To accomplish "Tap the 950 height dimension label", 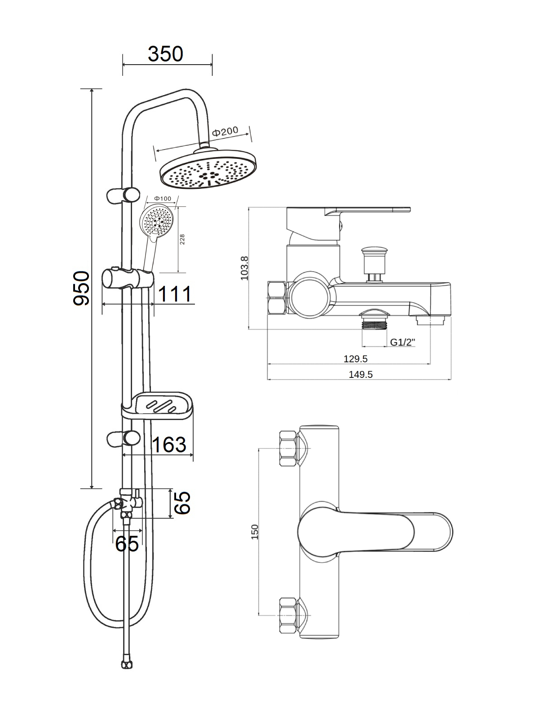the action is coord(81,288).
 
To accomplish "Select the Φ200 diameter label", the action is coord(225,131).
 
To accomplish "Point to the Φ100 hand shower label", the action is coord(163,198).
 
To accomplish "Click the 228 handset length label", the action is coord(183,239).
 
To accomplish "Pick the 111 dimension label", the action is coord(175,294).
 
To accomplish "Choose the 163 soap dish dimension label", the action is coord(169,445).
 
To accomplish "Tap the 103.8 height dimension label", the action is coord(244,268).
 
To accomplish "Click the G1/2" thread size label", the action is coord(402,342).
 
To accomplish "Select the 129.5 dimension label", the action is coord(355,359).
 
